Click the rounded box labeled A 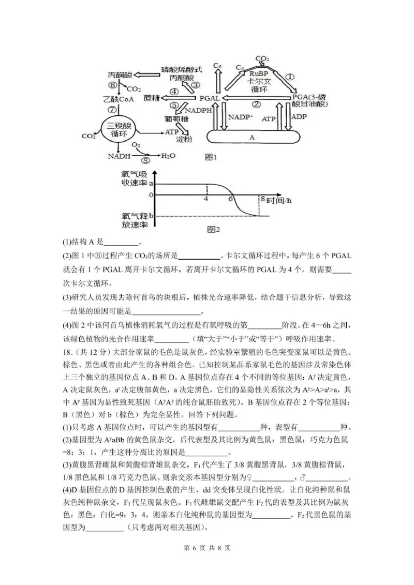[253, 137]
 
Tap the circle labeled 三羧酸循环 [119, 129]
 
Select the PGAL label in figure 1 [210, 98]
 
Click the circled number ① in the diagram [290, 76]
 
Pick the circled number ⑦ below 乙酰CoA [111, 109]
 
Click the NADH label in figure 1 [119, 156]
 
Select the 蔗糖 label [152, 98]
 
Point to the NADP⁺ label [242, 117]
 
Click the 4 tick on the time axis [206, 199]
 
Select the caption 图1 [210, 157]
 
